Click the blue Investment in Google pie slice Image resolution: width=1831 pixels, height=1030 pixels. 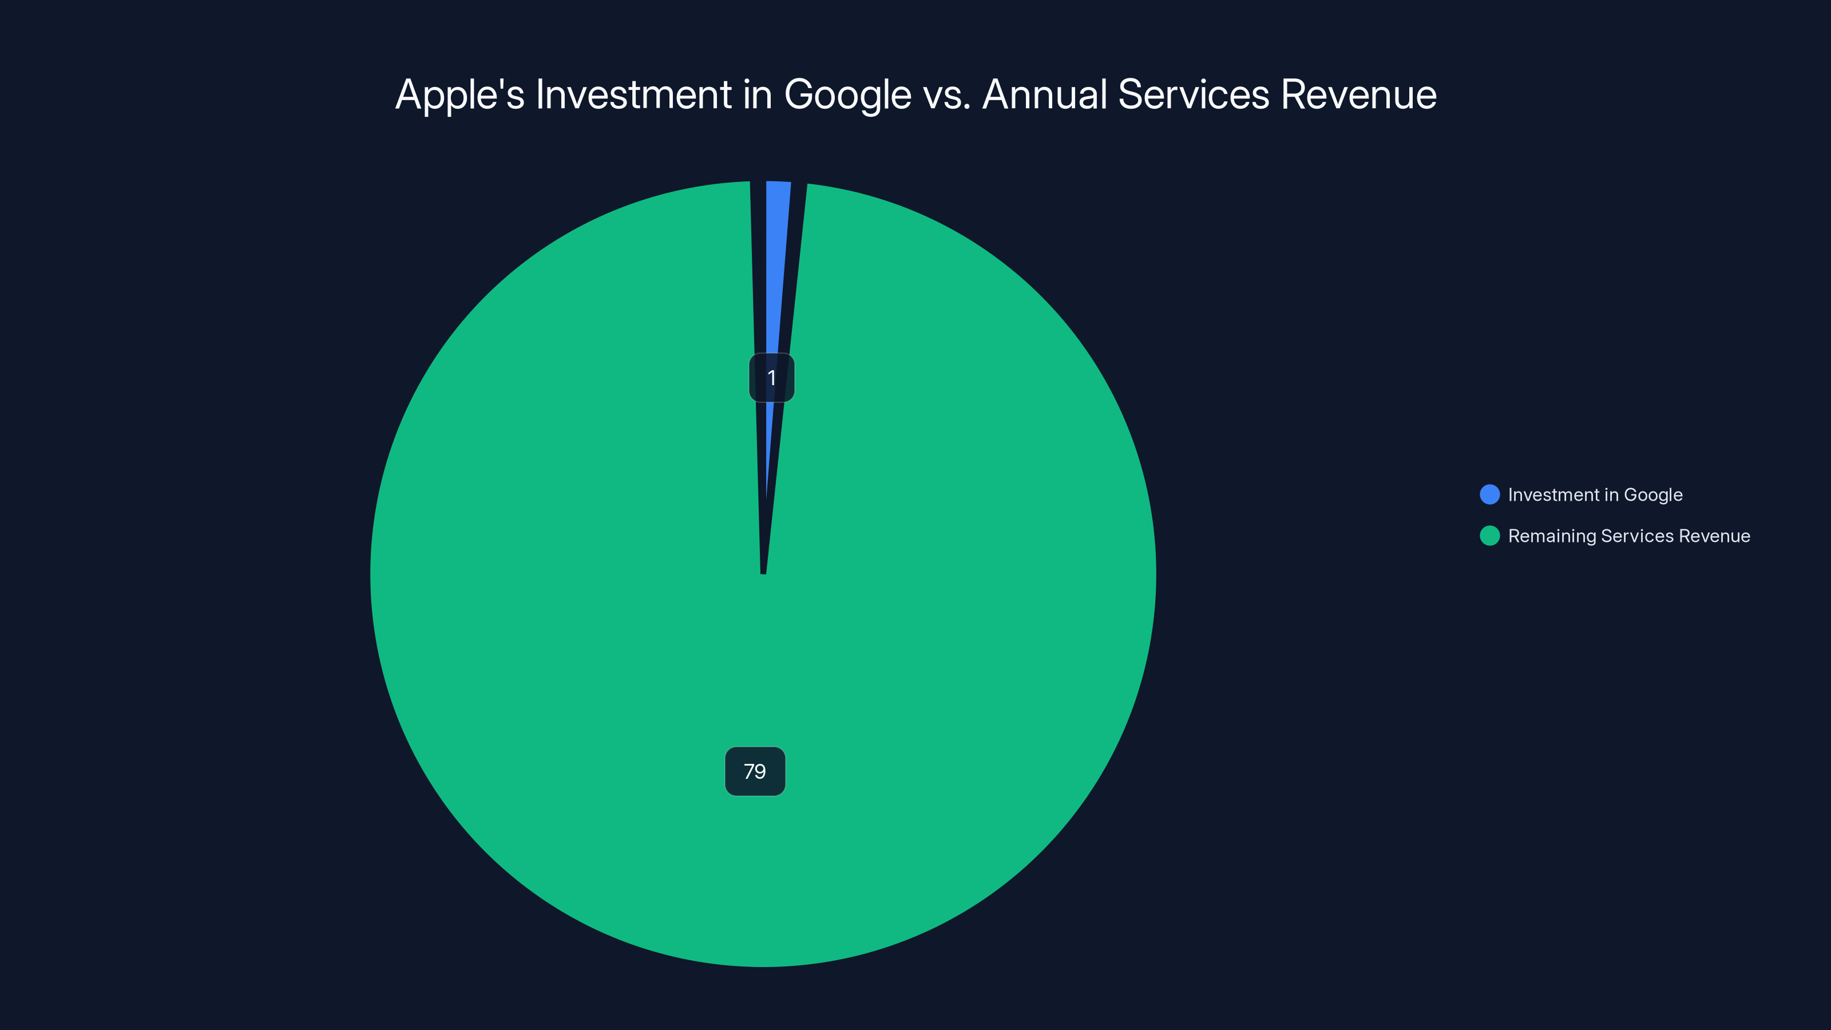(x=778, y=270)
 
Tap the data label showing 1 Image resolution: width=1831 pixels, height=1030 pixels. (x=771, y=378)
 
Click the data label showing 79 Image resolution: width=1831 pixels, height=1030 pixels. (x=755, y=771)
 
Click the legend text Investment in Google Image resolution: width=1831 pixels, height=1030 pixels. (x=1595, y=495)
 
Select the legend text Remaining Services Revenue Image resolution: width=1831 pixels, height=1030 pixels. (x=1629, y=536)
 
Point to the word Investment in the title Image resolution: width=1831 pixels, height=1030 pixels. (x=634, y=94)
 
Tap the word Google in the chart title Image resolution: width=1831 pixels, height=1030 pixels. (x=847, y=94)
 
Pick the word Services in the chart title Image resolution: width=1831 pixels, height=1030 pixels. (x=1194, y=94)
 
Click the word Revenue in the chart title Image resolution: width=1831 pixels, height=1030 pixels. (x=1358, y=94)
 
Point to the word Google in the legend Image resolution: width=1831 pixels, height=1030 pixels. (x=1653, y=495)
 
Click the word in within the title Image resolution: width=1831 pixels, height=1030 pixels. (x=758, y=94)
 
